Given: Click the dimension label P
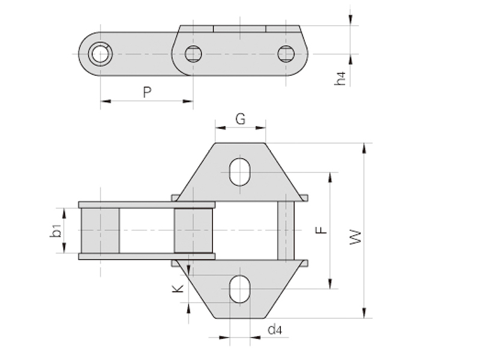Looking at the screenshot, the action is tap(147, 92).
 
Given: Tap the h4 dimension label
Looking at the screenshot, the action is tap(340, 79).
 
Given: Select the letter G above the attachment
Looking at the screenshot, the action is tap(241, 119).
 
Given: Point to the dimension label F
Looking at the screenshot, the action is tap(321, 230).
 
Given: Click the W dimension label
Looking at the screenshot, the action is tap(355, 237).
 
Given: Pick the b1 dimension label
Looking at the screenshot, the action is tap(56, 230).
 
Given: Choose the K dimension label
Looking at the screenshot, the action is tap(178, 289).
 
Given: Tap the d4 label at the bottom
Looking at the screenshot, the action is tap(275, 329).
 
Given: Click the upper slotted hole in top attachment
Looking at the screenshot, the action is tap(240, 172).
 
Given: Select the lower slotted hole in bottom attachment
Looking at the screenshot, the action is tap(240, 289).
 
